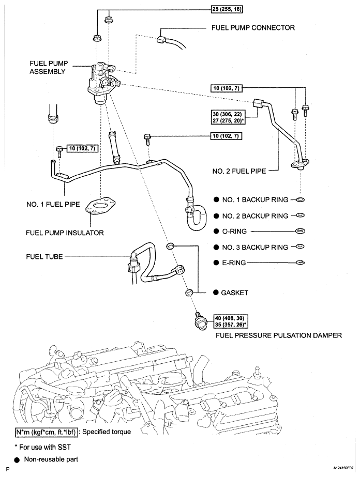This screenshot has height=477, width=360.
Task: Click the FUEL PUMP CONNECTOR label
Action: click(x=253, y=28)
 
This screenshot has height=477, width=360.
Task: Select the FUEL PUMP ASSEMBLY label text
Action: click(x=49, y=67)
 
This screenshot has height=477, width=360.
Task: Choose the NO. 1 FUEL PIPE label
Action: click(x=53, y=205)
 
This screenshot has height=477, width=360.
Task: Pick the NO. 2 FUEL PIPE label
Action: click(x=239, y=171)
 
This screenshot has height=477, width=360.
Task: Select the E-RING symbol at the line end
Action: click(x=300, y=263)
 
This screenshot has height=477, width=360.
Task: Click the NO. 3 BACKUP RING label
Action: click(x=255, y=248)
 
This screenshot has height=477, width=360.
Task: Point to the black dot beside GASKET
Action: click(x=216, y=293)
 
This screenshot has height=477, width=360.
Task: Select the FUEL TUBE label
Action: click(x=44, y=257)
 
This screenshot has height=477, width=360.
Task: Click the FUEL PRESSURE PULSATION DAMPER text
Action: click(x=279, y=335)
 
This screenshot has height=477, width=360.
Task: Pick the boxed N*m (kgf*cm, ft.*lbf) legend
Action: click(x=47, y=432)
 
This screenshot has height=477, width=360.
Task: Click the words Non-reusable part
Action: click(x=51, y=459)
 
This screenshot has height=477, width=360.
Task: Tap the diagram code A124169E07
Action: click(x=343, y=469)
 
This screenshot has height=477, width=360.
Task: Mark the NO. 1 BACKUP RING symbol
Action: click(x=300, y=200)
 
